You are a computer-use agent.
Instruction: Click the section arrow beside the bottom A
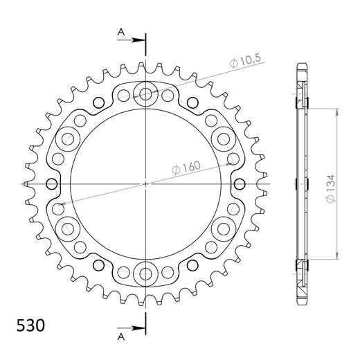136,327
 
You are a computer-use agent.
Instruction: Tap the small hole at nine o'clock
51,183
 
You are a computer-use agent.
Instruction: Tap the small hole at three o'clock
240,183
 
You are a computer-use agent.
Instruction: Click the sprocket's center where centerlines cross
145,183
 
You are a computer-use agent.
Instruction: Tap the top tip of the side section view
300,65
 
